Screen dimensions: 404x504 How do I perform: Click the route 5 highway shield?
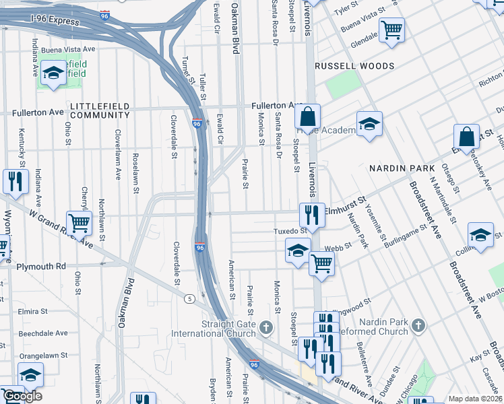click(191, 298)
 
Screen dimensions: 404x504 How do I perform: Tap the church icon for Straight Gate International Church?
click(266, 328)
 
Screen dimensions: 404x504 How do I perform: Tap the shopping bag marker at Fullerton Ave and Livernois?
click(307, 118)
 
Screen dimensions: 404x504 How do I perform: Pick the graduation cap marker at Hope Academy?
click(369, 125)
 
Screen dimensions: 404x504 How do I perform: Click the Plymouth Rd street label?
click(42, 266)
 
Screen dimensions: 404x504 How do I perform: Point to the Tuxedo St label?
click(290, 230)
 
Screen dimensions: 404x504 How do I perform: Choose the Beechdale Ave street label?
click(43, 333)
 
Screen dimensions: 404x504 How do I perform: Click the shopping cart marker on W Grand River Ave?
click(80, 223)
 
